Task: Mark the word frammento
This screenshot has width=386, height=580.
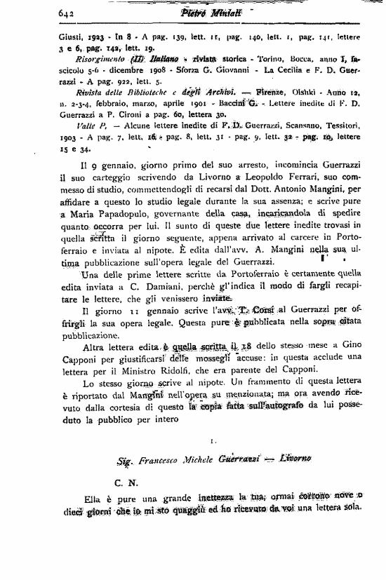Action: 273,384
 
